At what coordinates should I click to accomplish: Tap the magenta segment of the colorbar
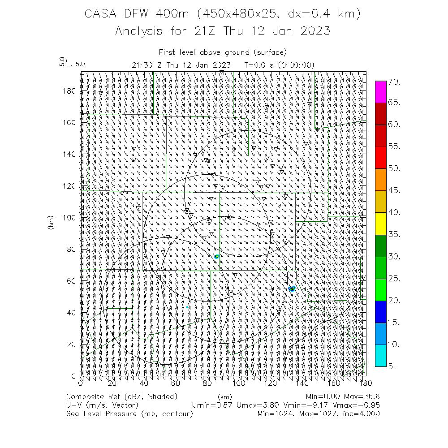[381, 92]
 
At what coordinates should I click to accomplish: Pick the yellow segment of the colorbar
[381, 223]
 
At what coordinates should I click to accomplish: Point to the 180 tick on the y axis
[71, 90]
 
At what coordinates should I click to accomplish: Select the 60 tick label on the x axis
[176, 383]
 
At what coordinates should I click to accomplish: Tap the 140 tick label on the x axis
[302, 383]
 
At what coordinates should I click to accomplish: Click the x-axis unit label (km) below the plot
[225, 396]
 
